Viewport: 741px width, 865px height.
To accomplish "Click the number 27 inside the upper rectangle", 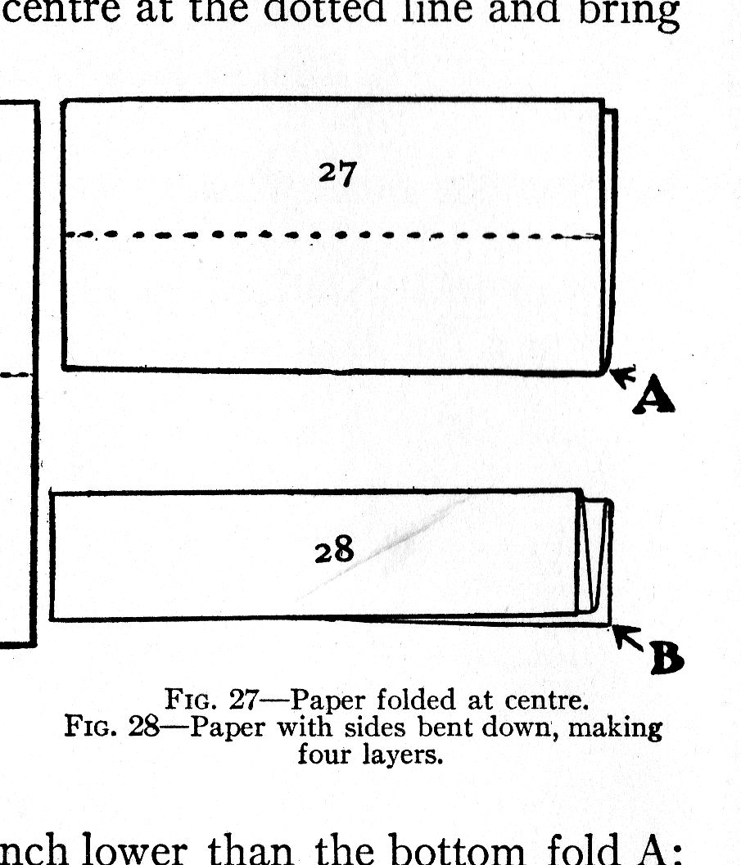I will (337, 173).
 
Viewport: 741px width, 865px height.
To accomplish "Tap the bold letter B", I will (666, 657).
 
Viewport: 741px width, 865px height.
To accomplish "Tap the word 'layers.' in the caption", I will (401, 754).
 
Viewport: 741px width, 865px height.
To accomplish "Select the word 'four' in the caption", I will (324, 754).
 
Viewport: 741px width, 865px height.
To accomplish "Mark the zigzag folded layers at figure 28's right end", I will (594, 556).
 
